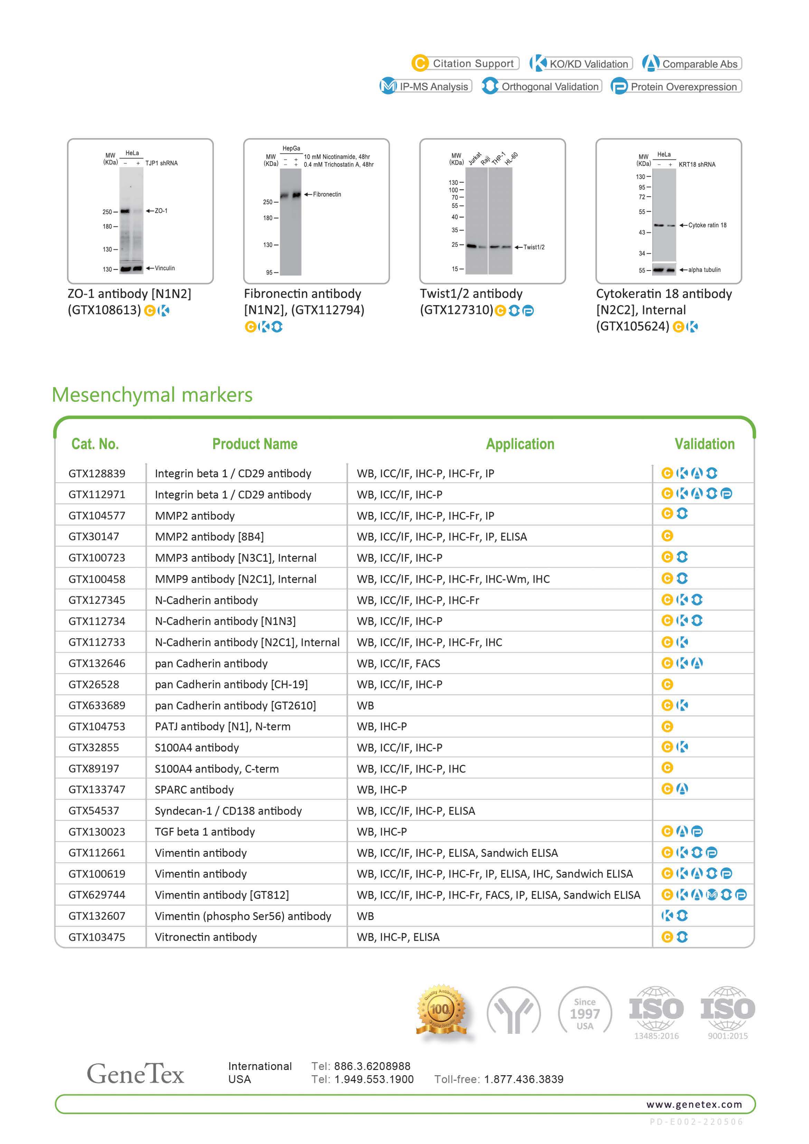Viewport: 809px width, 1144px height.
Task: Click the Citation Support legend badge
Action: click(x=465, y=63)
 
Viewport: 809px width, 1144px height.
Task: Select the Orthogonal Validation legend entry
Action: click(x=542, y=86)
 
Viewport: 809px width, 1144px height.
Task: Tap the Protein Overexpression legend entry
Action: click(x=676, y=87)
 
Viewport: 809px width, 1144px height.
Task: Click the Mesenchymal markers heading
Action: click(x=152, y=395)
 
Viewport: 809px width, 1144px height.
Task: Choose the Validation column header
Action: click(x=704, y=444)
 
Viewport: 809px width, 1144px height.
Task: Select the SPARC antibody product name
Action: click(x=194, y=790)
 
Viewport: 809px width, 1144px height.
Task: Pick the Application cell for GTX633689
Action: click(x=365, y=705)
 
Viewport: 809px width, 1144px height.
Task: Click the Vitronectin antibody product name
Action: click(x=206, y=937)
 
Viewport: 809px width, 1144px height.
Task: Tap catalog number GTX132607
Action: click(x=97, y=916)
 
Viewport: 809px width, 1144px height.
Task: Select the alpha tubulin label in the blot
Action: click(x=704, y=270)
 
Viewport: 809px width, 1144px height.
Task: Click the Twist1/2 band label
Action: click(x=534, y=247)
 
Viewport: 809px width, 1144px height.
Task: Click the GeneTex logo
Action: click(x=135, y=1074)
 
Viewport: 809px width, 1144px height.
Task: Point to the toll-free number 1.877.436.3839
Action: click(x=524, y=1079)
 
